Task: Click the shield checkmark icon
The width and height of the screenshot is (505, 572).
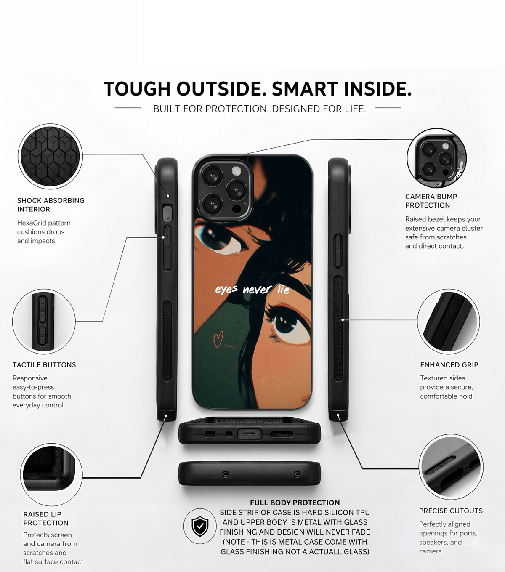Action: [x=200, y=526]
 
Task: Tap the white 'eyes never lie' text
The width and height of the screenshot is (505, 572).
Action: [x=252, y=290]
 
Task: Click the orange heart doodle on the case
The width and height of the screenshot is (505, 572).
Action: [x=218, y=339]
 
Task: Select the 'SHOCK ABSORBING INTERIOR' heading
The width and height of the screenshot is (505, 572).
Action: [x=51, y=205]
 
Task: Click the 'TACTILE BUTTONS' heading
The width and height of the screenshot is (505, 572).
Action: [x=44, y=365]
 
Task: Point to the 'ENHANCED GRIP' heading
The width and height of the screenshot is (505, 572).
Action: [x=449, y=365]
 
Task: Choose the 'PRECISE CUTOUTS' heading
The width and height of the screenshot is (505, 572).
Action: [x=451, y=511]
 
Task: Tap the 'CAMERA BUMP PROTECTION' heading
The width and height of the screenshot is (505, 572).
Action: [x=431, y=201]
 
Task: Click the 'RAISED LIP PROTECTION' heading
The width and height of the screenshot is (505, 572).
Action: [x=46, y=519]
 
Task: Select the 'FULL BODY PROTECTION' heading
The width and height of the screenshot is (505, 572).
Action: [x=295, y=503]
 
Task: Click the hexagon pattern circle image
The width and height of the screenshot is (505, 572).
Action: [x=50, y=156]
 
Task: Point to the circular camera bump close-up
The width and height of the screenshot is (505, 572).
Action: [x=436, y=158]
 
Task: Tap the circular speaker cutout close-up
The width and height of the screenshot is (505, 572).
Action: [x=451, y=466]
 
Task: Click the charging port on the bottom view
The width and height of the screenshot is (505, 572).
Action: [x=250, y=434]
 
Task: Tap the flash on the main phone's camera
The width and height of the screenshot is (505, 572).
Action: [x=236, y=170]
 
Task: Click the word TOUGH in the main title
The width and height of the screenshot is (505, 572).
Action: [x=137, y=89]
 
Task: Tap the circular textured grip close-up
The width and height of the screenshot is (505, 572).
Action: [x=448, y=321]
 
